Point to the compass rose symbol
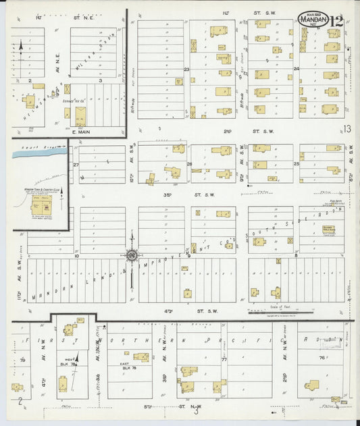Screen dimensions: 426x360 coord(131,255)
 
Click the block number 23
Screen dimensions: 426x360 coord(186,69)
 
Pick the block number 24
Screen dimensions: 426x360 coord(297,69)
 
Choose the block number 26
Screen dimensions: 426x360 coord(190,164)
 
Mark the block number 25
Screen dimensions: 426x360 coord(297,164)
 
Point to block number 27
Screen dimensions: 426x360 coord(76,164)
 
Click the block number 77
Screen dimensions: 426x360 coord(224,360)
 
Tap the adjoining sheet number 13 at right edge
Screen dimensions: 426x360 coord(347,128)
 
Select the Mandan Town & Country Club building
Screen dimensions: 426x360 coord(40,205)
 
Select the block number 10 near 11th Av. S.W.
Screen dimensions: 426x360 coord(77,257)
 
